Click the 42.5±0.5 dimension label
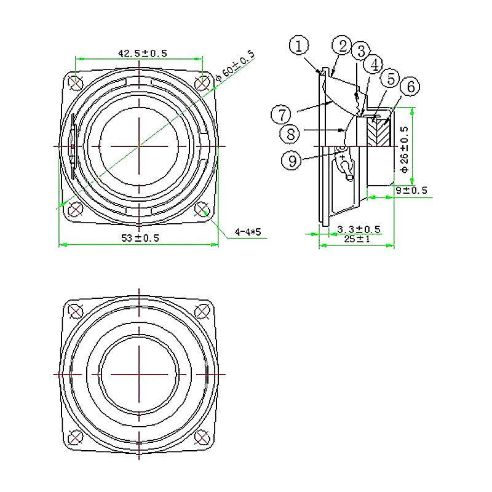point(143,53)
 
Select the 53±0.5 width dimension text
point(140,238)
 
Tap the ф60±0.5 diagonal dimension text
point(236,66)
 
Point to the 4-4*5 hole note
point(248,232)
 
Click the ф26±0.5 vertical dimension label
point(405,149)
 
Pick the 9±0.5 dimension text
point(411,190)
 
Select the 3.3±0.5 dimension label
point(359,229)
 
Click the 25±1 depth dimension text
point(357,239)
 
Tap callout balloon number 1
point(299,45)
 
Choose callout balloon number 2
point(342,46)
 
